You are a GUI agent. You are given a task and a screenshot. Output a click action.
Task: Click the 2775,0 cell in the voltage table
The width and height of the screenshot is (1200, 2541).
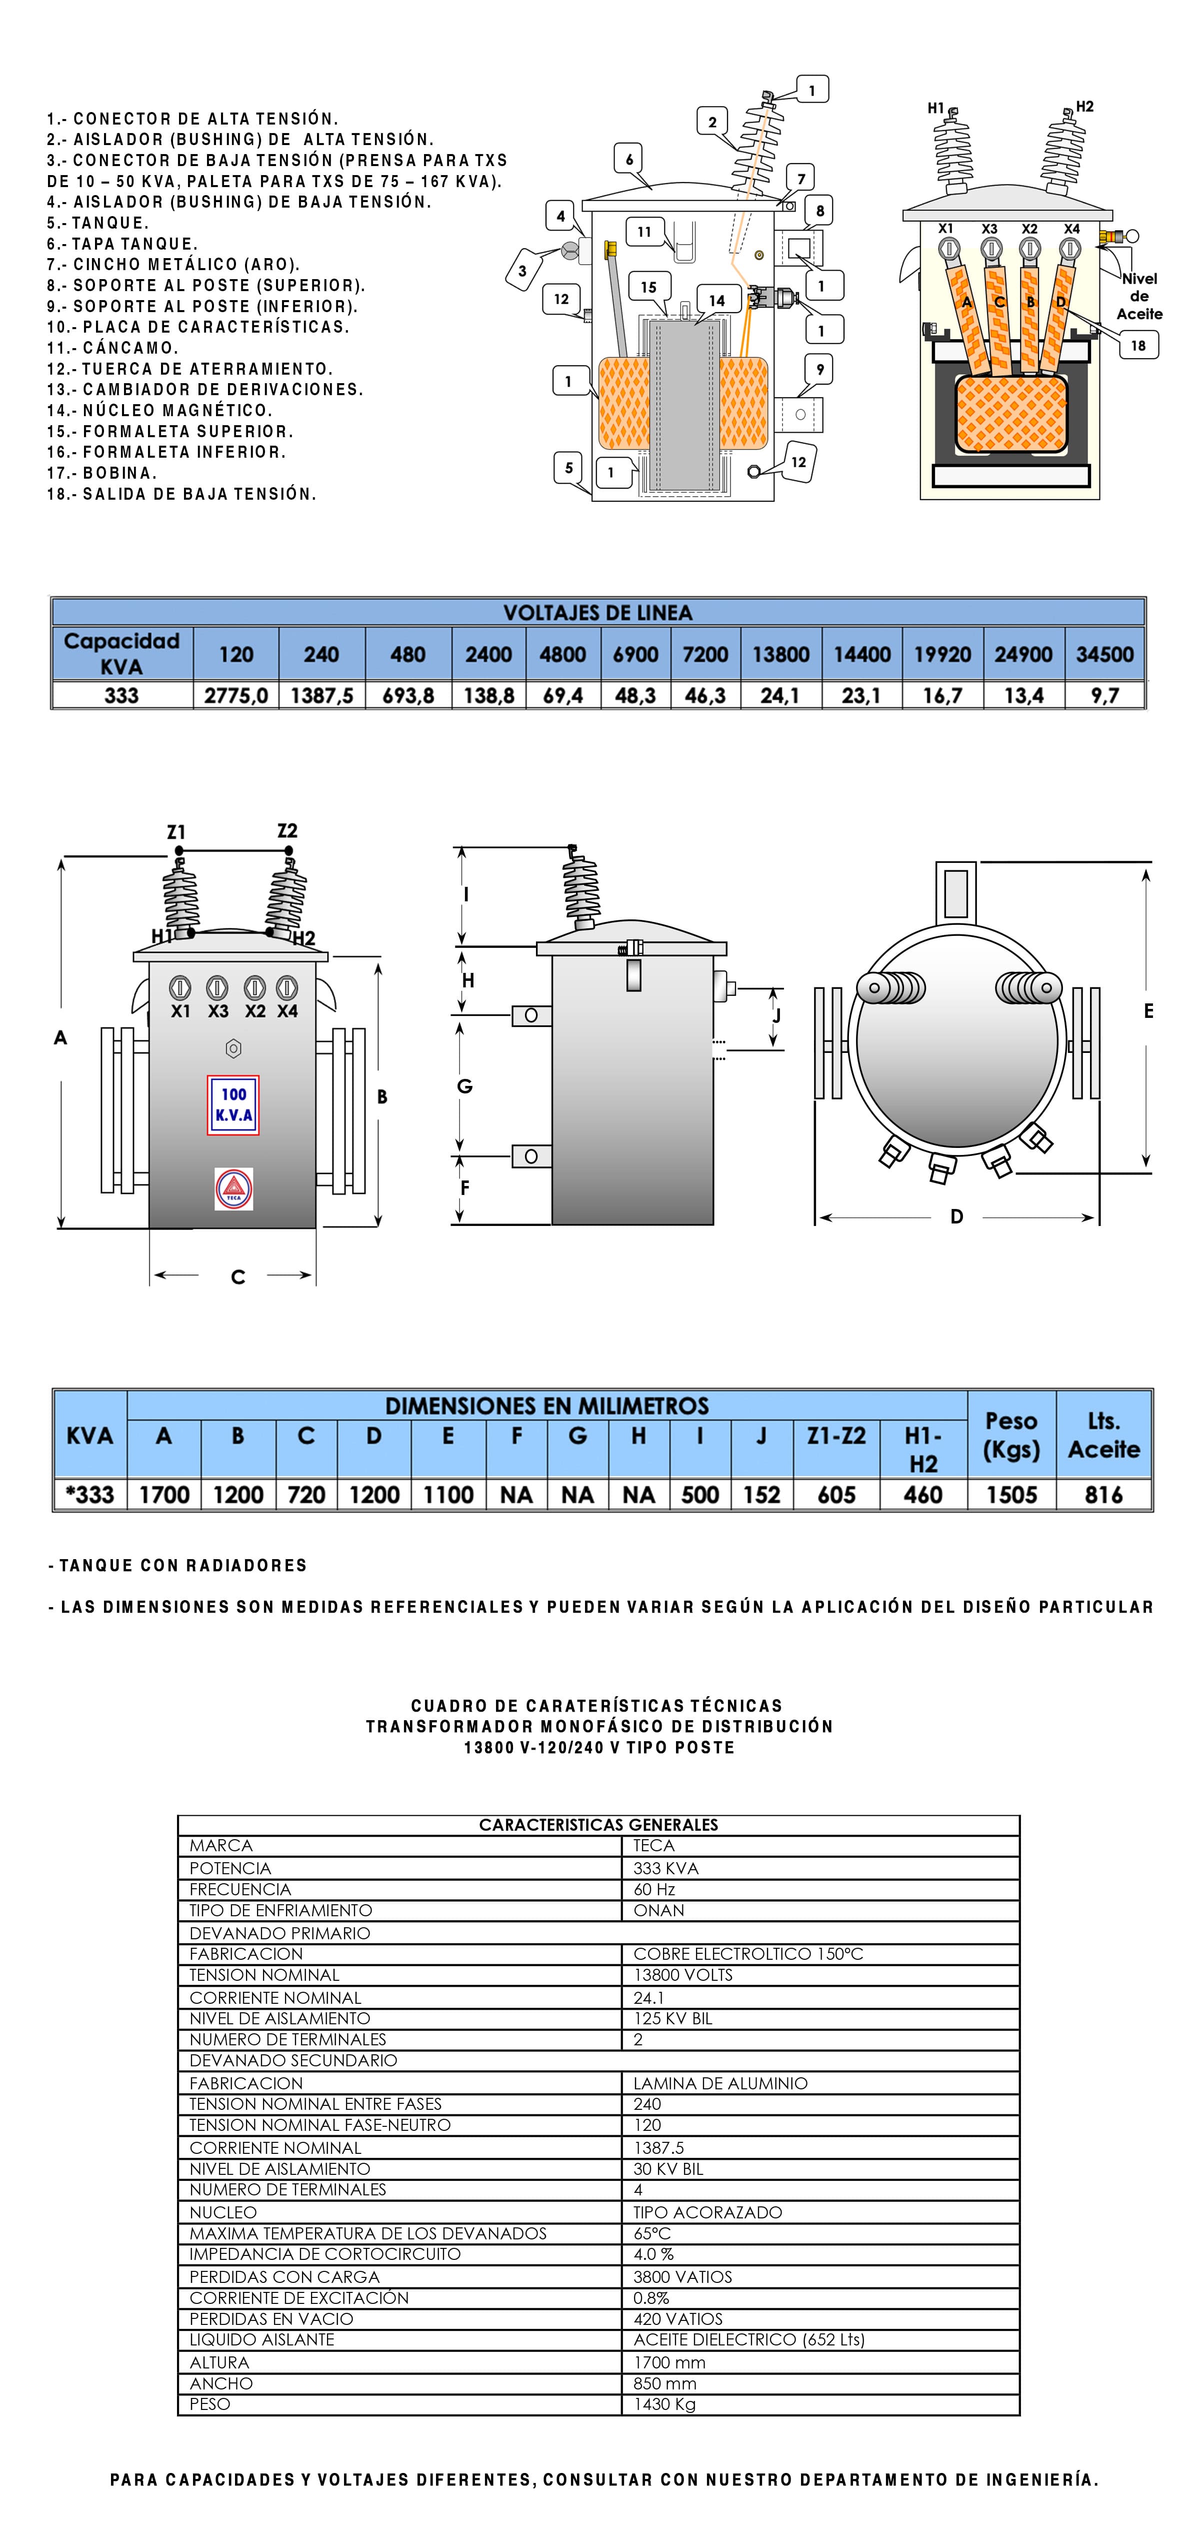(235, 695)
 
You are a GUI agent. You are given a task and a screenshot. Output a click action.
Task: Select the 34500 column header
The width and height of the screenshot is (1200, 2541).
(1104, 654)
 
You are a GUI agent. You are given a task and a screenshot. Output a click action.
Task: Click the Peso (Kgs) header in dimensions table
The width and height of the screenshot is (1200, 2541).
(1010, 1435)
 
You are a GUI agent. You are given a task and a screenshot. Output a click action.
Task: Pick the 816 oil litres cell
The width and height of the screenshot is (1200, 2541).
(1103, 1495)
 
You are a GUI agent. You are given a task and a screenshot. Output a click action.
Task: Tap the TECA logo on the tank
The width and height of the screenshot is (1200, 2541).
(233, 1188)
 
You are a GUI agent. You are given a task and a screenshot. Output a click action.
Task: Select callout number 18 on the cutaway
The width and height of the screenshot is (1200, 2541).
(1138, 345)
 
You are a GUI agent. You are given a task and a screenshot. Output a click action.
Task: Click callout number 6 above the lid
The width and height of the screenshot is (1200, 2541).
(629, 159)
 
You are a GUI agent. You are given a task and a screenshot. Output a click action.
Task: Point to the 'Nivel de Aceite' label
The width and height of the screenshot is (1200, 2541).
(1139, 296)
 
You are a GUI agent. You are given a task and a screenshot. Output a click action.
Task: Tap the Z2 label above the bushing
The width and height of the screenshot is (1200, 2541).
(287, 830)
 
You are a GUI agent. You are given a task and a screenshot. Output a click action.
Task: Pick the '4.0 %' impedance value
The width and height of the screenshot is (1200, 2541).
(653, 2254)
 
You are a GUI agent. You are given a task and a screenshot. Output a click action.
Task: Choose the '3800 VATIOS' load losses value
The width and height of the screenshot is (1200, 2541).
(682, 2276)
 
